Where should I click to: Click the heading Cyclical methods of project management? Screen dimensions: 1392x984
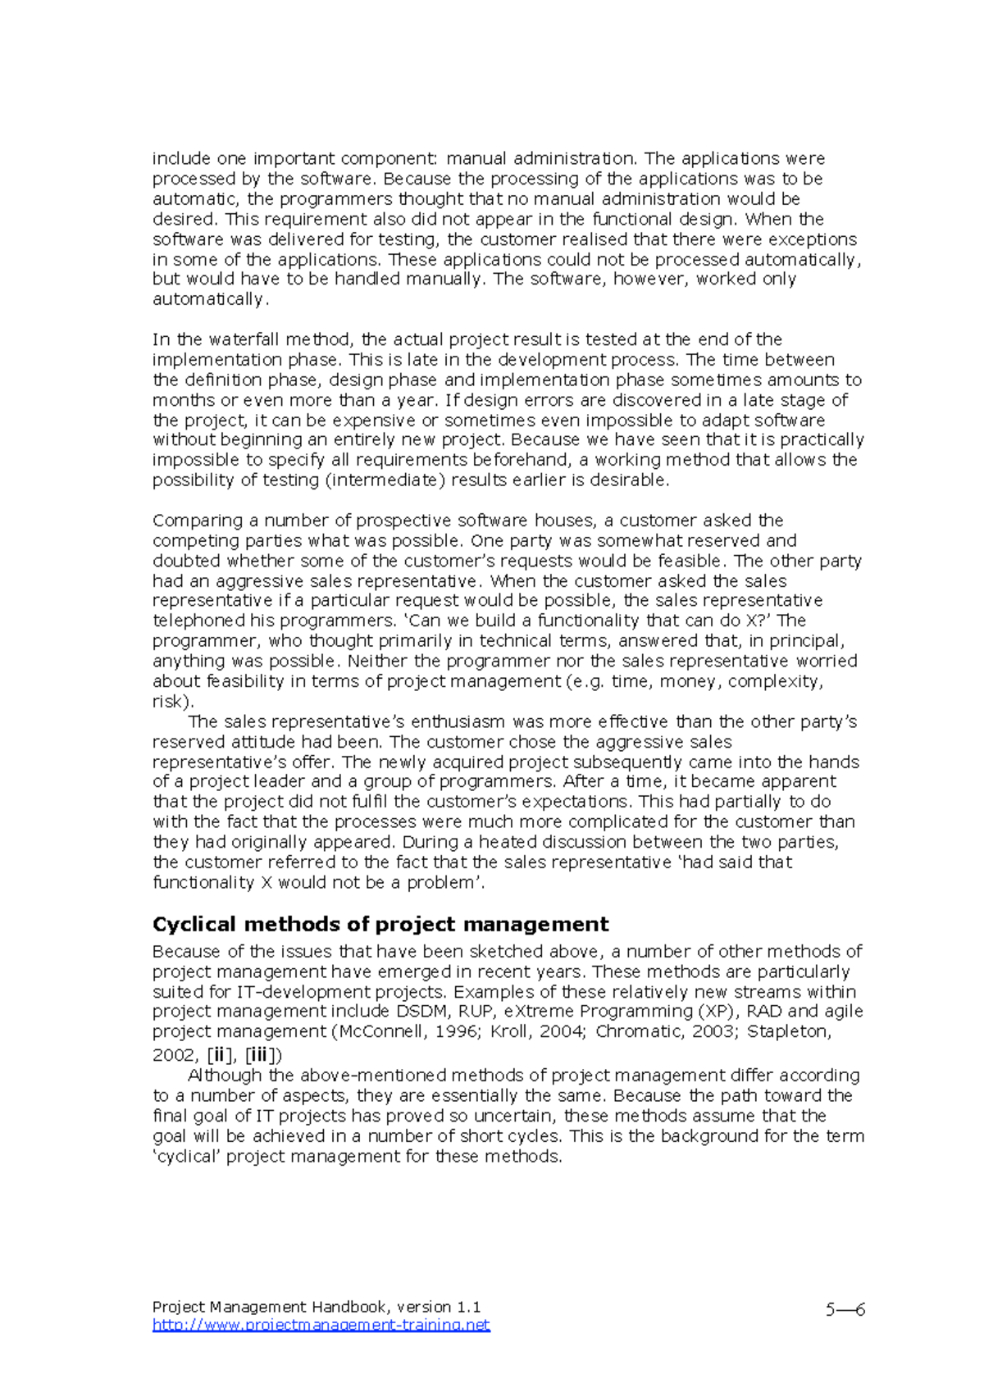pyautogui.click(x=380, y=925)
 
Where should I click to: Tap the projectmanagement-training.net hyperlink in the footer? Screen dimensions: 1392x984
pyautogui.click(x=321, y=1325)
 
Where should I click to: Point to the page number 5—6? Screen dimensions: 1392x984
pyautogui.click(x=845, y=1309)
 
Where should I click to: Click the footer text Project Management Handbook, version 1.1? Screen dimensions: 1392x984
pyautogui.click(x=317, y=1307)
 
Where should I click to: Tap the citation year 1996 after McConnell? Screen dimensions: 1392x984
pyautogui.click(x=458, y=1031)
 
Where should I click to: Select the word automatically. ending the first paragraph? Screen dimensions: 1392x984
pyautogui.click(x=210, y=299)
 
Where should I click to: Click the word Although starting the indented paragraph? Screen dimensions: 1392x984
pyautogui.click(x=225, y=1076)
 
